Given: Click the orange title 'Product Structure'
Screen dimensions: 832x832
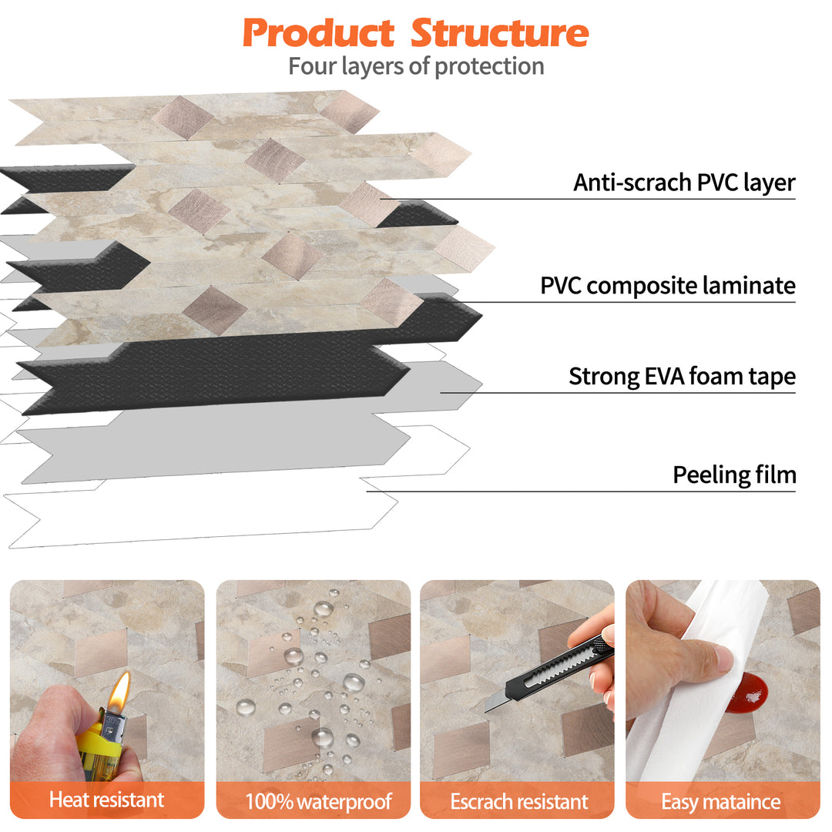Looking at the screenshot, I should click(415, 32).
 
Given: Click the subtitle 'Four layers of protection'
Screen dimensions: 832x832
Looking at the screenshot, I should click(416, 66).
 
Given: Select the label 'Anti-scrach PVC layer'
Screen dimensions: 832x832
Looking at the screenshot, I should click(684, 183).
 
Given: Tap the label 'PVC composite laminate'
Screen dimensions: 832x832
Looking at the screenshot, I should click(667, 286).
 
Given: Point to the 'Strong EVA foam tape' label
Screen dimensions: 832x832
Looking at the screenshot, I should click(682, 377).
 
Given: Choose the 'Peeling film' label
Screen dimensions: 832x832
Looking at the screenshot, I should click(734, 475).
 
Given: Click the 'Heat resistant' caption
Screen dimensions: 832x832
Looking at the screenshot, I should click(107, 800).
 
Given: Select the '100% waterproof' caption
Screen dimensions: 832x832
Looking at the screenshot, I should click(318, 801).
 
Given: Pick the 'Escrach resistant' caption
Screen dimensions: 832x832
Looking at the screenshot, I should click(519, 801).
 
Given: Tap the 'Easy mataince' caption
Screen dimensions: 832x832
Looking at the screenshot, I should click(721, 801).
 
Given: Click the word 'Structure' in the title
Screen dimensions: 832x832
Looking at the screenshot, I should click(499, 32).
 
